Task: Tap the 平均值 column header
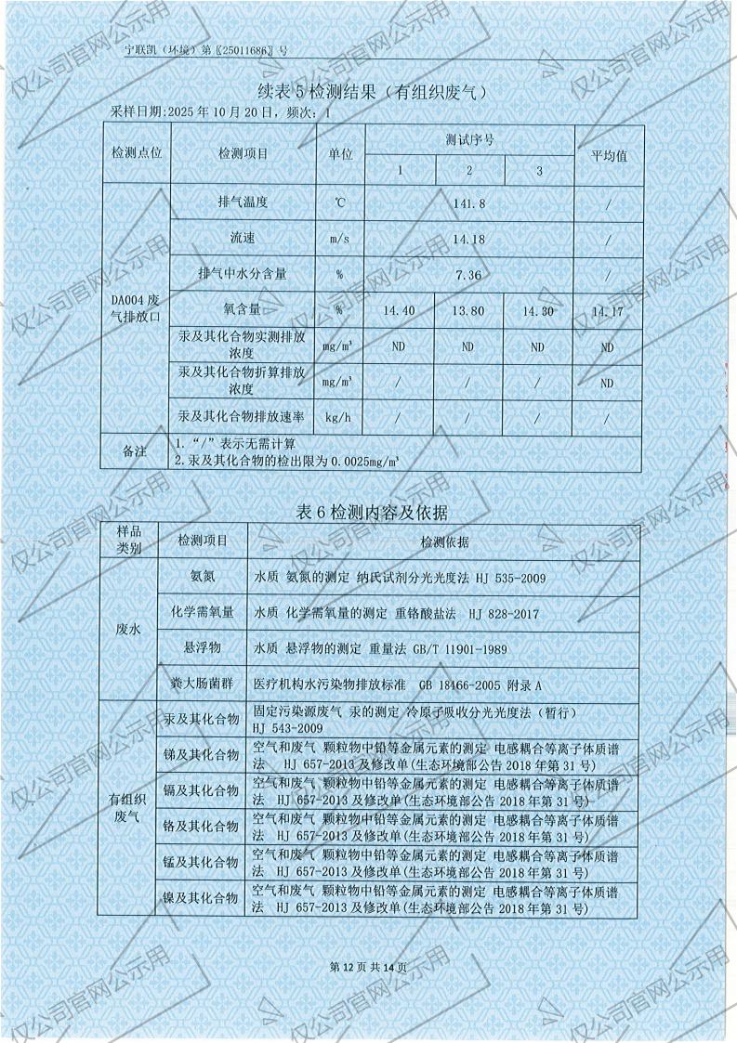(609, 155)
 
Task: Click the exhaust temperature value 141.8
(468, 202)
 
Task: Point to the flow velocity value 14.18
(468, 239)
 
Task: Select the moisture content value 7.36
(468, 275)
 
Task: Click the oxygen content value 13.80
(468, 311)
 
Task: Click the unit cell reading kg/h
(337, 418)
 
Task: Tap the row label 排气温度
(243, 202)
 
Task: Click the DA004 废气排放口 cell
(136, 309)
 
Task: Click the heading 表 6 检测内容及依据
(371, 513)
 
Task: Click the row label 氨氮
(202, 577)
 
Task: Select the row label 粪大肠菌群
(202, 685)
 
